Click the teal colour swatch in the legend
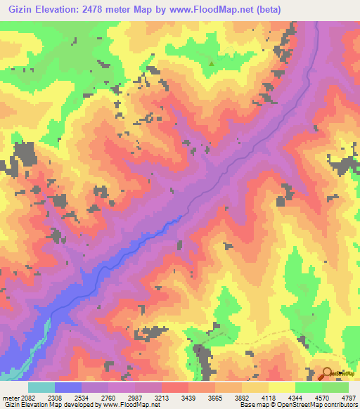41,387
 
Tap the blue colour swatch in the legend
68,387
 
